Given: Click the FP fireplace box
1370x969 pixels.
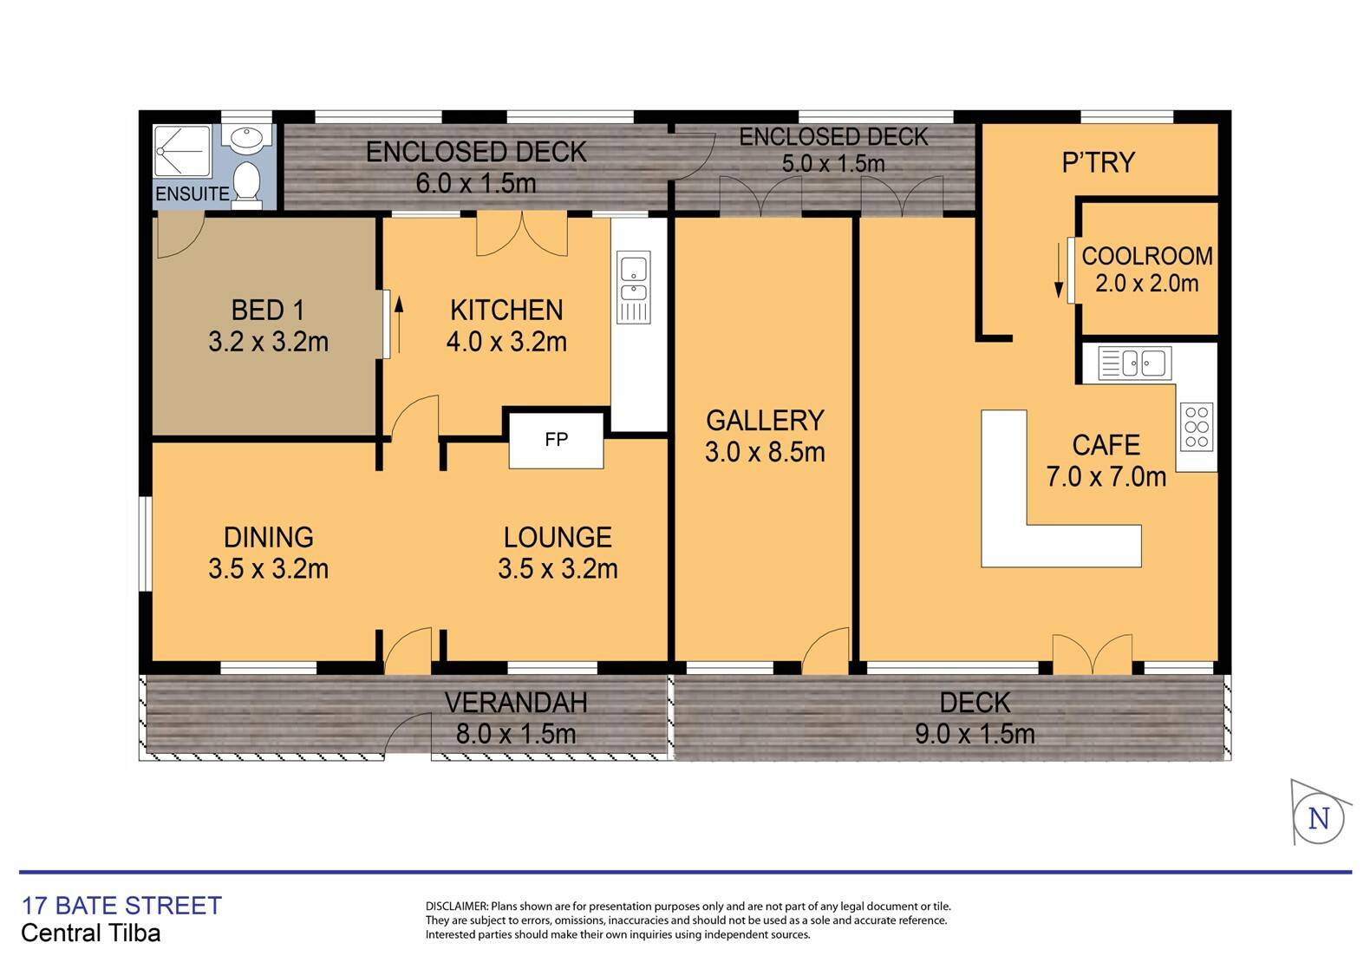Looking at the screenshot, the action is [x=556, y=440].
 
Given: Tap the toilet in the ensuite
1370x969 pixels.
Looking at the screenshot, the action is [x=247, y=183].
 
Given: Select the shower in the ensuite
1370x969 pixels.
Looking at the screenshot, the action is [x=182, y=152].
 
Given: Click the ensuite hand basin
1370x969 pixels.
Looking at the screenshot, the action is [x=247, y=137].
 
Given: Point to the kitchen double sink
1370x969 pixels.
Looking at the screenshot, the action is [x=633, y=287].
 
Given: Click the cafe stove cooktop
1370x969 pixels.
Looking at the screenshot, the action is [x=1197, y=427].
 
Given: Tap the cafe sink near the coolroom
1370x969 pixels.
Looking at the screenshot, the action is [x=1134, y=363].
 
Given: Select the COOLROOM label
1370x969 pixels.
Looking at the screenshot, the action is [x=1147, y=256].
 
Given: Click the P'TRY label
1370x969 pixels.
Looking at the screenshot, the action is [x=1099, y=163].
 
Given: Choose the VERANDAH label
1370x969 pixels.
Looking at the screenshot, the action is [x=516, y=703].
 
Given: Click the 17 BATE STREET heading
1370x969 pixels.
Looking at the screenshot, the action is [x=121, y=906].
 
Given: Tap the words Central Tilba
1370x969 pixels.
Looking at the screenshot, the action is [x=90, y=933].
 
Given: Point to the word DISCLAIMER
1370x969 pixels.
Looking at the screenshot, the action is [x=457, y=907].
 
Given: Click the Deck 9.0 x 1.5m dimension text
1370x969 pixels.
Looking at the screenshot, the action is [x=975, y=734].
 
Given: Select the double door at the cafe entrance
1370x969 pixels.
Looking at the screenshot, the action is [x=1092, y=656].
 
